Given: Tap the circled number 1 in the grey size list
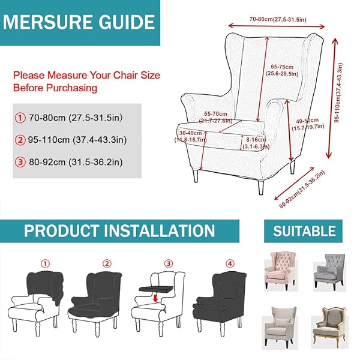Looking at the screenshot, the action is click(20, 118).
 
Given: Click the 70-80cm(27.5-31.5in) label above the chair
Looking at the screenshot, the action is click(278, 19).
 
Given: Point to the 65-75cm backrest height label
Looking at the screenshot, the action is click(282, 70).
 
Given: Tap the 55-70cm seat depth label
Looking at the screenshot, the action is click(216, 117).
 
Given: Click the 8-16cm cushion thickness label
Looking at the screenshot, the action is click(256, 143).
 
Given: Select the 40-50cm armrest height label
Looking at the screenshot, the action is click(308, 124).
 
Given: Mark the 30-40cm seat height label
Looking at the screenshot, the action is click(191, 136).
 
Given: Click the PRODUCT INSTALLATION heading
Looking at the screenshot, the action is click(119, 231).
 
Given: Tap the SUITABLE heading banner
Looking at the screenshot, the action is click(304, 231).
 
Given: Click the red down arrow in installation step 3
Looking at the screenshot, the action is click(155, 298).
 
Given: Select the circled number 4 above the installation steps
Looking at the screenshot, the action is click(230, 263).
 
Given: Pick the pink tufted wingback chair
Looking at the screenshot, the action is click(281, 271).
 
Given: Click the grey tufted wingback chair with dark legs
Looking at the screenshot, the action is click(330, 272).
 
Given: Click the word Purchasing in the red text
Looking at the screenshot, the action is click(72, 88).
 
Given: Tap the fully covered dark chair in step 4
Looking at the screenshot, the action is click(219, 304).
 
